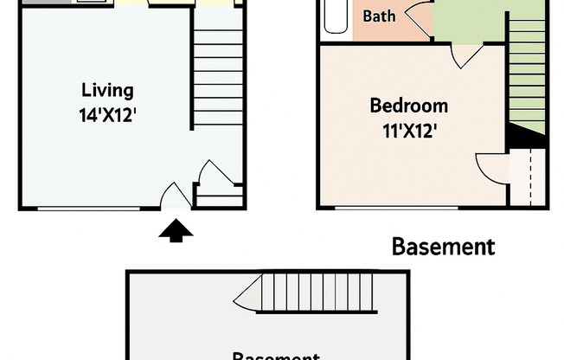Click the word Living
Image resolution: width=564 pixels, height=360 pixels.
[x=107, y=90]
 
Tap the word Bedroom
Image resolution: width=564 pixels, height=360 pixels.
[x=408, y=106]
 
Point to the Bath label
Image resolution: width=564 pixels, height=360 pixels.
[x=380, y=16]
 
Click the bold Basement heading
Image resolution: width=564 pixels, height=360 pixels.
[x=443, y=247]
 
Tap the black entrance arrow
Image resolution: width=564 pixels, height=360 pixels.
[x=177, y=230]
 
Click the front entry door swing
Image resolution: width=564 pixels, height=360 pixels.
[x=176, y=196]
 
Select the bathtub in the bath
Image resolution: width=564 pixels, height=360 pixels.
[x=335, y=17]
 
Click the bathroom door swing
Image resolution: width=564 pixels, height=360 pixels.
[x=419, y=19]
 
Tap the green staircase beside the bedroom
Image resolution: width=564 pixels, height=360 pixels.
[x=527, y=78]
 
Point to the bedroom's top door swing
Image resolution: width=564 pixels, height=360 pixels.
[x=465, y=55]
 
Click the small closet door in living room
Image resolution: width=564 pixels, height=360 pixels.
[x=211, y=173]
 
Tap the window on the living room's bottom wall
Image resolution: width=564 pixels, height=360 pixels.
[x=90, y=208]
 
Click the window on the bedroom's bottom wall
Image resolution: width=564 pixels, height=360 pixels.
[x=395, y=208]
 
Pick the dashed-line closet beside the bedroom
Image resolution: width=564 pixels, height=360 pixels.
[x=527, y=177]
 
